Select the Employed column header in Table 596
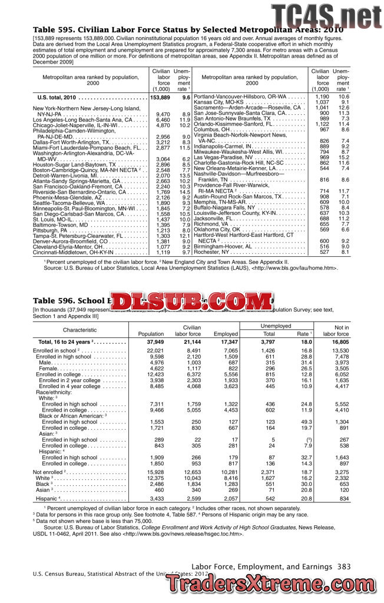pyautogui.click(x=226, y=334)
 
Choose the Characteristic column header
pyautogui.click(x=80, y=330)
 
